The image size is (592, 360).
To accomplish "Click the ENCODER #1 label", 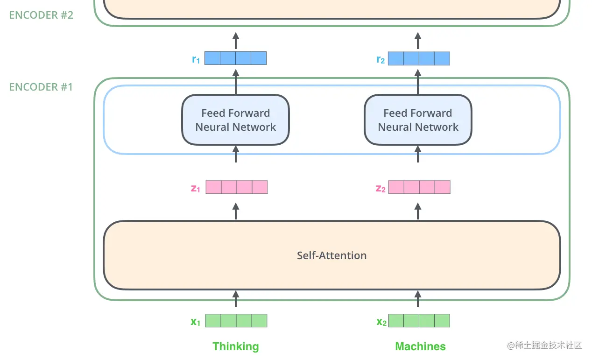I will pyautogui.click(x=41, y=87).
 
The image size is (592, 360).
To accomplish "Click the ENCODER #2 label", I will pyautogui.click(x=41, y=14).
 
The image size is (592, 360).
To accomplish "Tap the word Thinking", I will pyautogui.click(x=235, y=346).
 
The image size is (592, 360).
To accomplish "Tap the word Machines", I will pyautogui.click(x=420, y=346).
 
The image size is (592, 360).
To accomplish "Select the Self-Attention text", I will pyautogui.click(x=331, y=255).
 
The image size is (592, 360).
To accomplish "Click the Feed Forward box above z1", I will pyautogui.click(x=235, y=120).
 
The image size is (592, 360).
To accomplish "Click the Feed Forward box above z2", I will pyautogui.click(x=418, y=120).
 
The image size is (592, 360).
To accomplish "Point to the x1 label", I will pyautogui.click(x=196, y=321).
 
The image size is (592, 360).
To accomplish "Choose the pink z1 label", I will pyautogui.click(x=196, y=188).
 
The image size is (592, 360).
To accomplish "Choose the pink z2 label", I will pyautogui.click(x=381, y=188).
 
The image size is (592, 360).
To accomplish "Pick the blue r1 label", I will pyautogui.click(x=196, y=59).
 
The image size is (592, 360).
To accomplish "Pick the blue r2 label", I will pyautogui.click(x=381, y=59).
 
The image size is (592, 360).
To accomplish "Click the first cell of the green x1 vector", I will pyautogui.click(x=213, y=321).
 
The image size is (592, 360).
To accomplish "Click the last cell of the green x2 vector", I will pyautogui.click(x=442, y=321).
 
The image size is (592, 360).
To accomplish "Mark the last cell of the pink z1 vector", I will pyautogui.click(x=260, y=187).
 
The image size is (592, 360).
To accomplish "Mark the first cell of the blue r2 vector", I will pyautogui.click(x=396, y=58).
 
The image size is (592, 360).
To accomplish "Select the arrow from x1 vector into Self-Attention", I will pyautogui.click(x=235, y=299).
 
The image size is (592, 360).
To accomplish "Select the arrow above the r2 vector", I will pyautogui.click(x=418, y=41).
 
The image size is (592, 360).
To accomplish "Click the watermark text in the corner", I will pyautogui.click(x=544, y=346).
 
